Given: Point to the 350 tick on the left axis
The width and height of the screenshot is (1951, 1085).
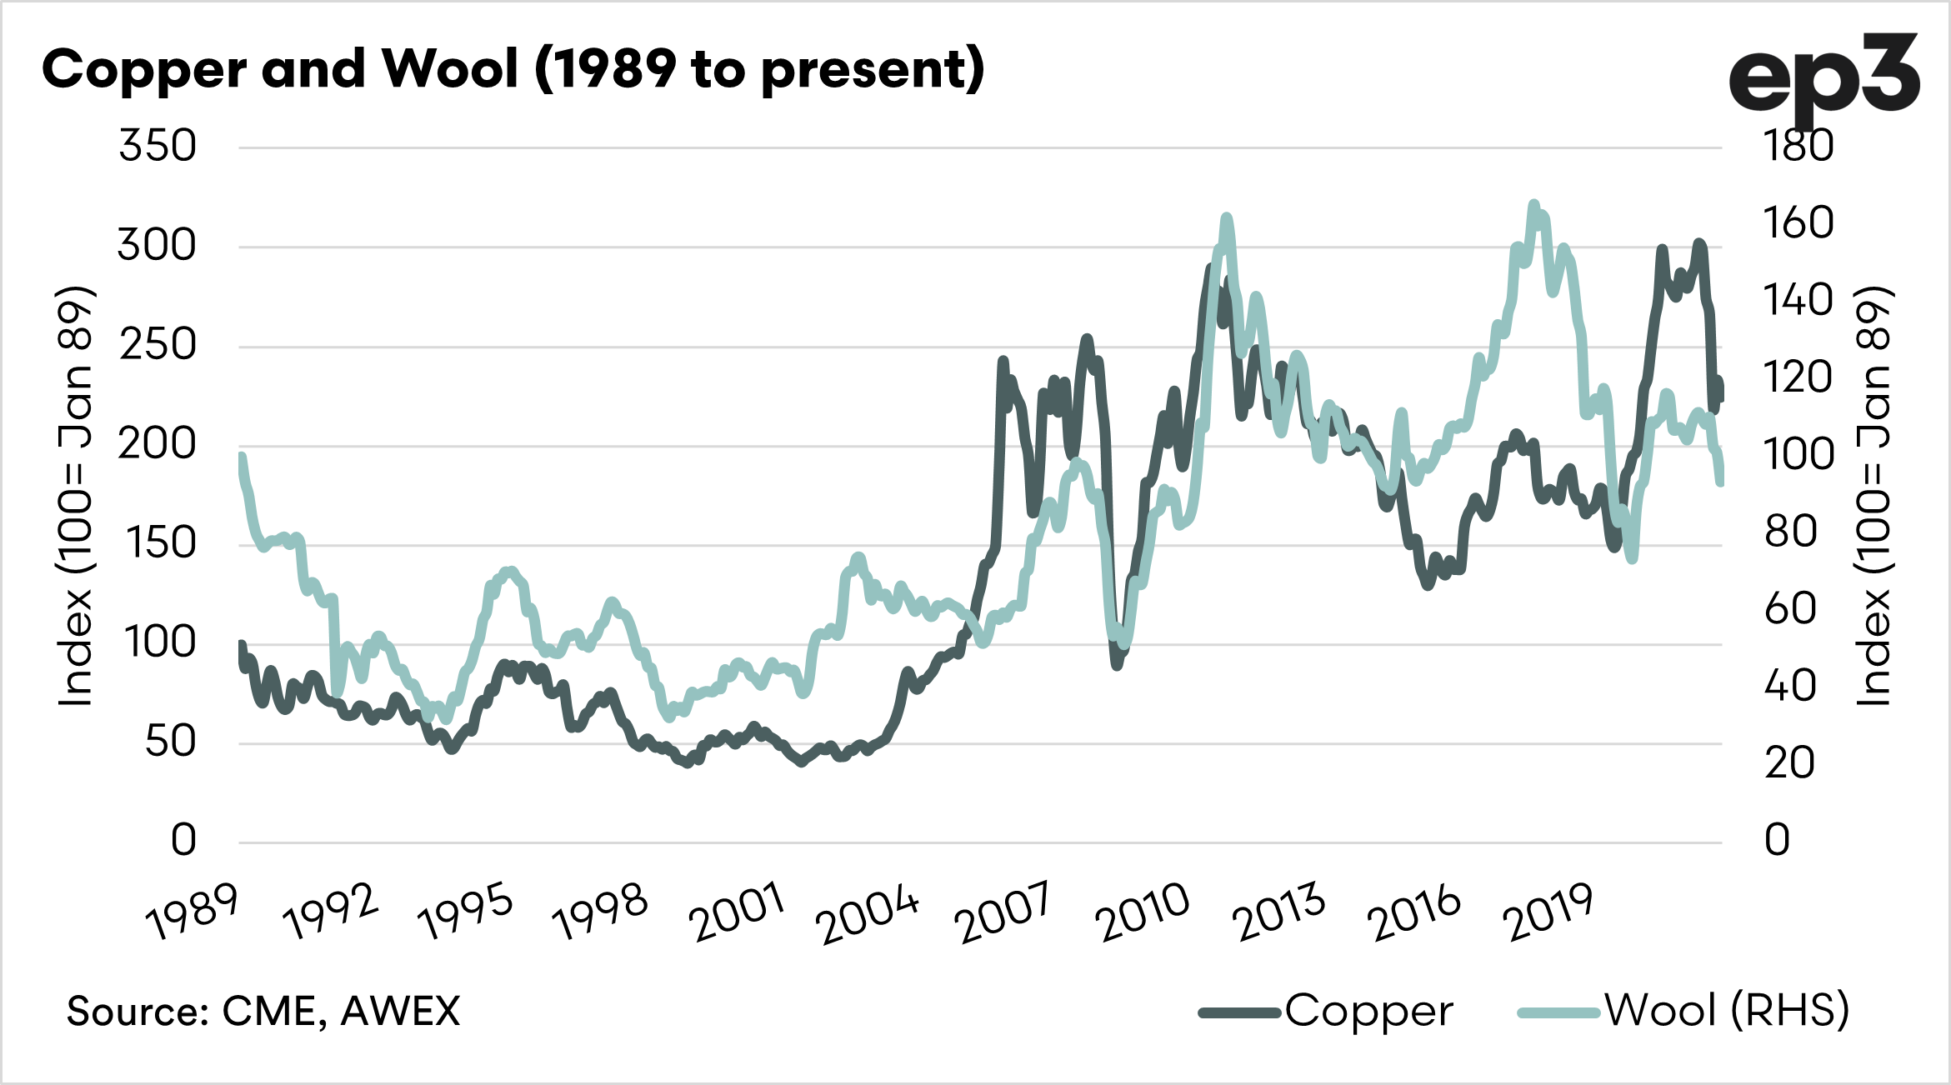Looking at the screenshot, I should [x=158, y=146].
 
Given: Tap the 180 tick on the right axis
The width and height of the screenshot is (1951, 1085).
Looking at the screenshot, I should [x=1798, y=146].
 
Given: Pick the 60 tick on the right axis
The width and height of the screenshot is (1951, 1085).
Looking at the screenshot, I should [x=1790, y=608].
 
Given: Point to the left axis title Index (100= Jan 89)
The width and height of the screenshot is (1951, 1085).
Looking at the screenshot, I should [x=75, y=496].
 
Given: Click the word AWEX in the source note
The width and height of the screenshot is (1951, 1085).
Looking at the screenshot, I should [x=400, y=1012].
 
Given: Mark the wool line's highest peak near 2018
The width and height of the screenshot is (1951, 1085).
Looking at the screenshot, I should [x=1533, y=205].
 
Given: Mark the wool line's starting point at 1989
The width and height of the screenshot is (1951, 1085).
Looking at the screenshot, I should [x=242, y=457].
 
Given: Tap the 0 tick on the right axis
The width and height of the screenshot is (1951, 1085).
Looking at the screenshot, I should [x=1777, y=840].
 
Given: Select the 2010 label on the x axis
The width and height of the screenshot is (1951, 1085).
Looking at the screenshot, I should [x=1143, y=912].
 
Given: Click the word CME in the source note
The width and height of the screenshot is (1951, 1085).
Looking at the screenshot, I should [x=269, y=1012].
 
